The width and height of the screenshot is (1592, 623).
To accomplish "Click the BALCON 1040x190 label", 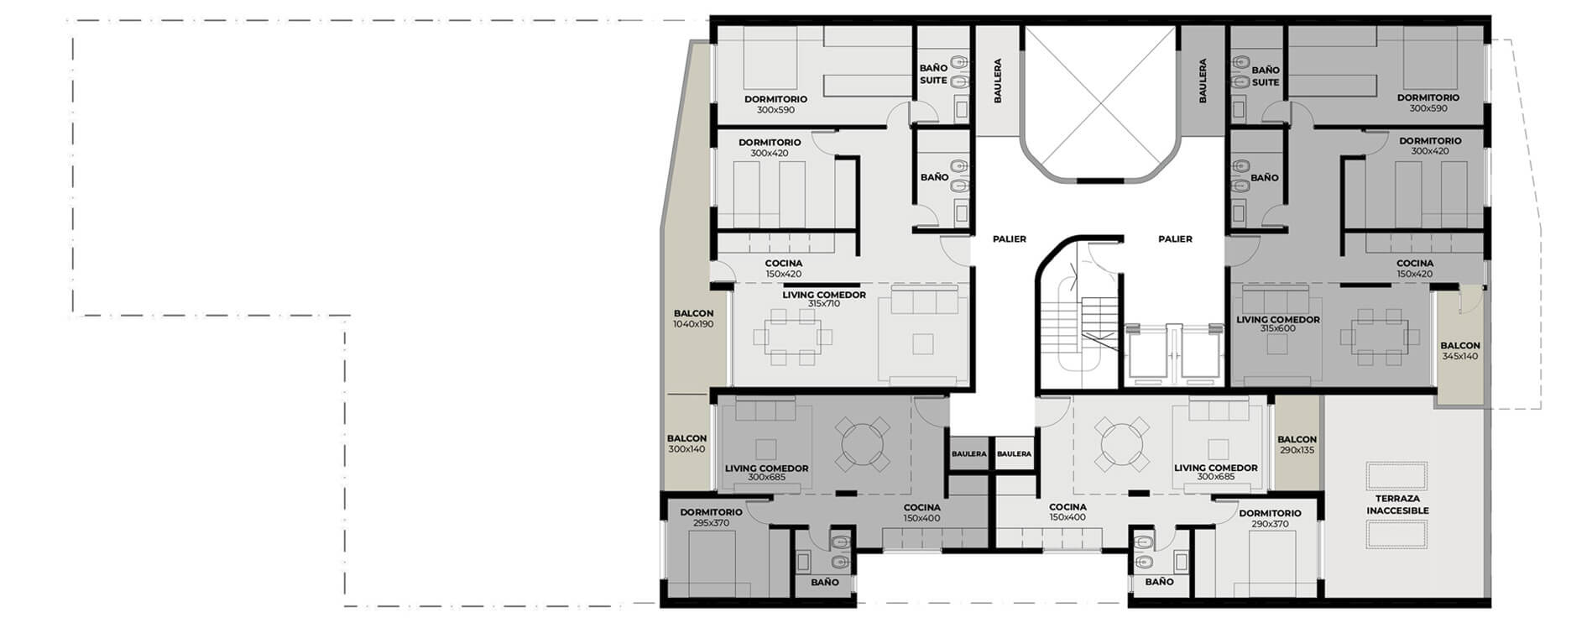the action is click(693, 318).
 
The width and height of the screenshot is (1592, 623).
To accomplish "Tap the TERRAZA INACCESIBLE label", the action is click(1396, 505).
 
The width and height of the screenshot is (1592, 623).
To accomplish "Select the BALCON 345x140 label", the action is click(1460, 351).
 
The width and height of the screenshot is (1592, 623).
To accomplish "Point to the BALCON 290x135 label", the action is click(1297, 444).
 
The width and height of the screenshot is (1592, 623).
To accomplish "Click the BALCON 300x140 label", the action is click(686, 443).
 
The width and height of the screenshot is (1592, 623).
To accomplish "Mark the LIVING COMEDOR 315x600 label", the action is click(1277, 323).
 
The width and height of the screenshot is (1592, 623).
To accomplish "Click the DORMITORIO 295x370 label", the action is click(711, 517).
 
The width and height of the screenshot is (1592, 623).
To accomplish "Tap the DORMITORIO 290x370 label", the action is click(1270, 518).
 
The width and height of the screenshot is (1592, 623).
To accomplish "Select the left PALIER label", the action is click(1010, 239).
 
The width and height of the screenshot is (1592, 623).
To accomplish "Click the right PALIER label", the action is click(1175, 239).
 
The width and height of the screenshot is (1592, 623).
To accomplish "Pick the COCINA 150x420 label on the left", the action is click(783, 269).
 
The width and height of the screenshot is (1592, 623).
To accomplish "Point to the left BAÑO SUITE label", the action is click(933, 74).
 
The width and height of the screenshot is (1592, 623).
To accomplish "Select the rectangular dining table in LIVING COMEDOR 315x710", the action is click(793, 338).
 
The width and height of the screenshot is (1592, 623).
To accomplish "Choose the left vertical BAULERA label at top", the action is click(998, 81).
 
